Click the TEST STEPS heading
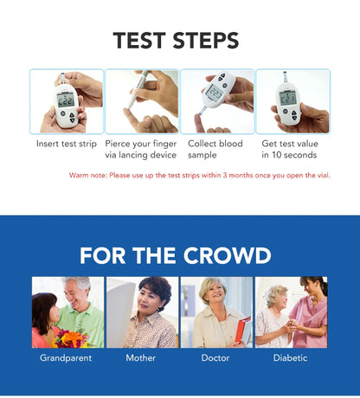[x=176, y=40]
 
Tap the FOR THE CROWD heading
[x=176, y=255]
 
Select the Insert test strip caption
[x=67, y=144]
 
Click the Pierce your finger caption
[x=141, y=149]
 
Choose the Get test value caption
[x=289, y=149]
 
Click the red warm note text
[x=199, y=176]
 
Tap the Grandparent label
[x=66, y=357]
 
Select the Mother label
[x=141, y=357]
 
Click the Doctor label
[x=215, y=357]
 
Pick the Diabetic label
[x=290, y=357]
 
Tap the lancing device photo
[x=141, y=101]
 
